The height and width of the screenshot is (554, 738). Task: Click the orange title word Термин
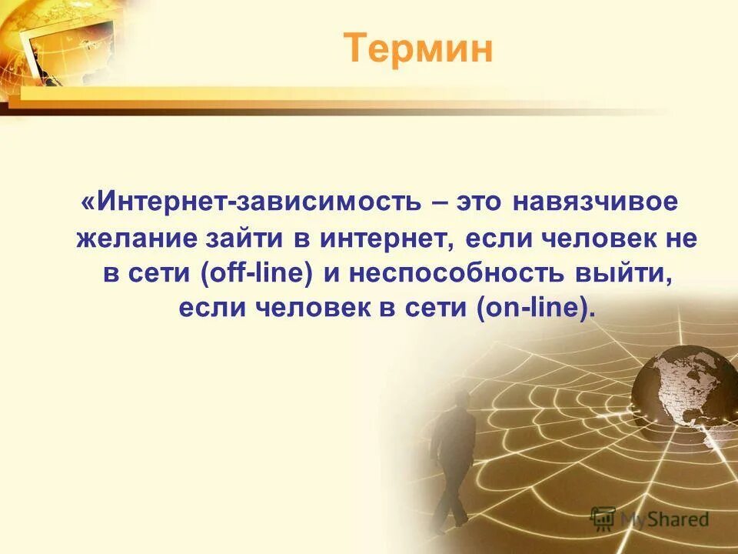pyautogui.click(x=417, y=49)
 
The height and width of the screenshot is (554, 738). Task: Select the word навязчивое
pyautogui.click(x=596, y=203)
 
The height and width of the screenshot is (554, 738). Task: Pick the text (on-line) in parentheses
pyautogui.click(x=535, y=309)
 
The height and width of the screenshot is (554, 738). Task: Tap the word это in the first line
pyautogui.click(x=480, y=203)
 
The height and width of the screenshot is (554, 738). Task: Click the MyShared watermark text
pyautogui.click(x=664, y=519)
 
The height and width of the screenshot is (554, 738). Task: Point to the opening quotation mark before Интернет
pyautogui.click(x=88, y=203)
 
